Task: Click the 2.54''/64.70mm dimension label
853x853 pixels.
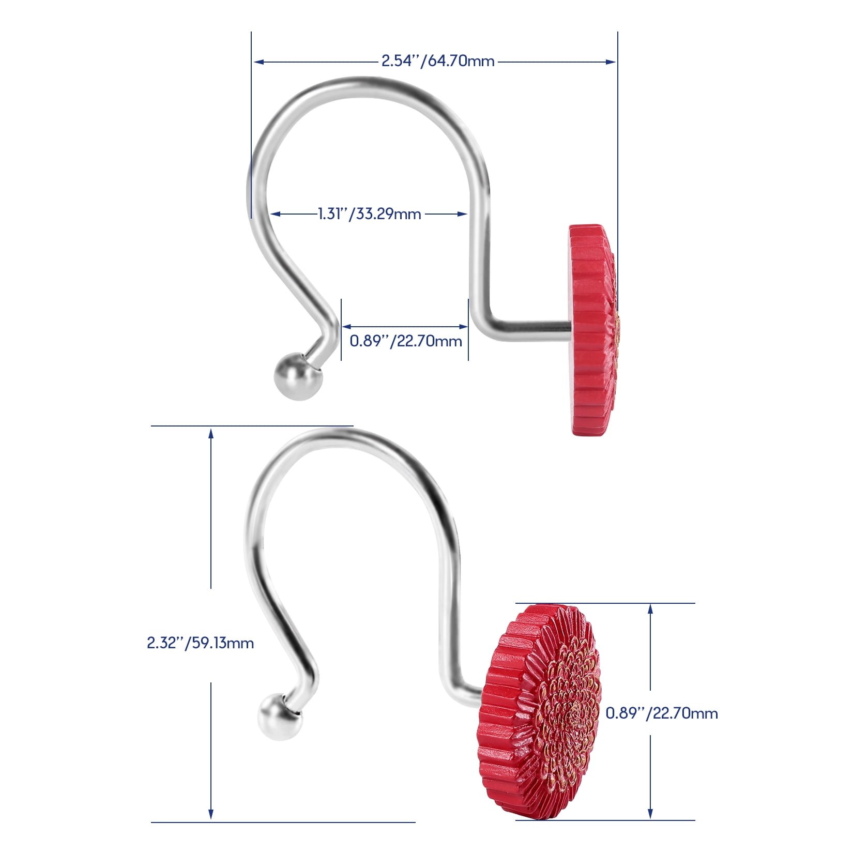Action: pyautogui.click(x=438, y=61)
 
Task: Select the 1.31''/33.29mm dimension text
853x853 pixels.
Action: pyautogui.click(x=369, y=213)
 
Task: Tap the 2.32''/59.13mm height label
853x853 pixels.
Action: pyautogui.click(x=200, y=643)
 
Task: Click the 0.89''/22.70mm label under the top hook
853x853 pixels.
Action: pyautogui.click(x=406, y=341)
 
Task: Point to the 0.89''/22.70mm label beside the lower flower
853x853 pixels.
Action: pyautogui.click(x=662, y=713)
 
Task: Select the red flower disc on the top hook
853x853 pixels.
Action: pyautogui.click(x=593, y=329)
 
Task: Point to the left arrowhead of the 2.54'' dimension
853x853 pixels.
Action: pyautogui.click(x=258, y=62)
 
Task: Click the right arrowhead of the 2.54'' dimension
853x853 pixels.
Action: pyautogui.click(x=611, y=62)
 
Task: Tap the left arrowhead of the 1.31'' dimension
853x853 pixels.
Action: pyautogui.click(x=276, y=214)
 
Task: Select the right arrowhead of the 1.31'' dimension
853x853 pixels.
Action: pyautogui.click(x=462, y=214)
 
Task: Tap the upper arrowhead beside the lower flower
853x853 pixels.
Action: pyautogui.click(x=650, y=610)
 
